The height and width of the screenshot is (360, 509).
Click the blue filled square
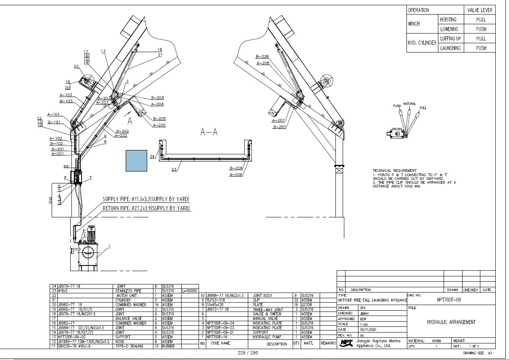pos(136,160)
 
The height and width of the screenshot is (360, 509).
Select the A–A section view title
pos(209,132)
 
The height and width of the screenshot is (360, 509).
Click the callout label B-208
pos(262,57)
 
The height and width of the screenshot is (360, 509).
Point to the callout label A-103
pos(66,95)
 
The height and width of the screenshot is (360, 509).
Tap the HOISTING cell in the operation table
pos(448,19)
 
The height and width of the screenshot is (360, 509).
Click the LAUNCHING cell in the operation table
pos(450,48)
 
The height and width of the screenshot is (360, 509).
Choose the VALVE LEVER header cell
pos(480,10)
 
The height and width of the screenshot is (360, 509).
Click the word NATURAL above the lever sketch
pos(409,104)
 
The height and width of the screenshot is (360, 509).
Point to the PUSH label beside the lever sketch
pos(397,106)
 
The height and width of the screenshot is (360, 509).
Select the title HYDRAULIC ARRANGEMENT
pos(451,322)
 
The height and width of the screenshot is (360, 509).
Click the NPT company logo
pos(346,343)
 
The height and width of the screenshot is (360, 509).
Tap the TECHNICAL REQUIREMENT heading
pos(394,171)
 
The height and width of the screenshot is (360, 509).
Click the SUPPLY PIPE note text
pos(146,200)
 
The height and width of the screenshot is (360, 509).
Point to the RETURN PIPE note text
pos(146,208)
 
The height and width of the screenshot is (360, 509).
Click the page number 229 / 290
pos(248,353)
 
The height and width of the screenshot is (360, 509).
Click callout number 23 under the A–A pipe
pos(174,170)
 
